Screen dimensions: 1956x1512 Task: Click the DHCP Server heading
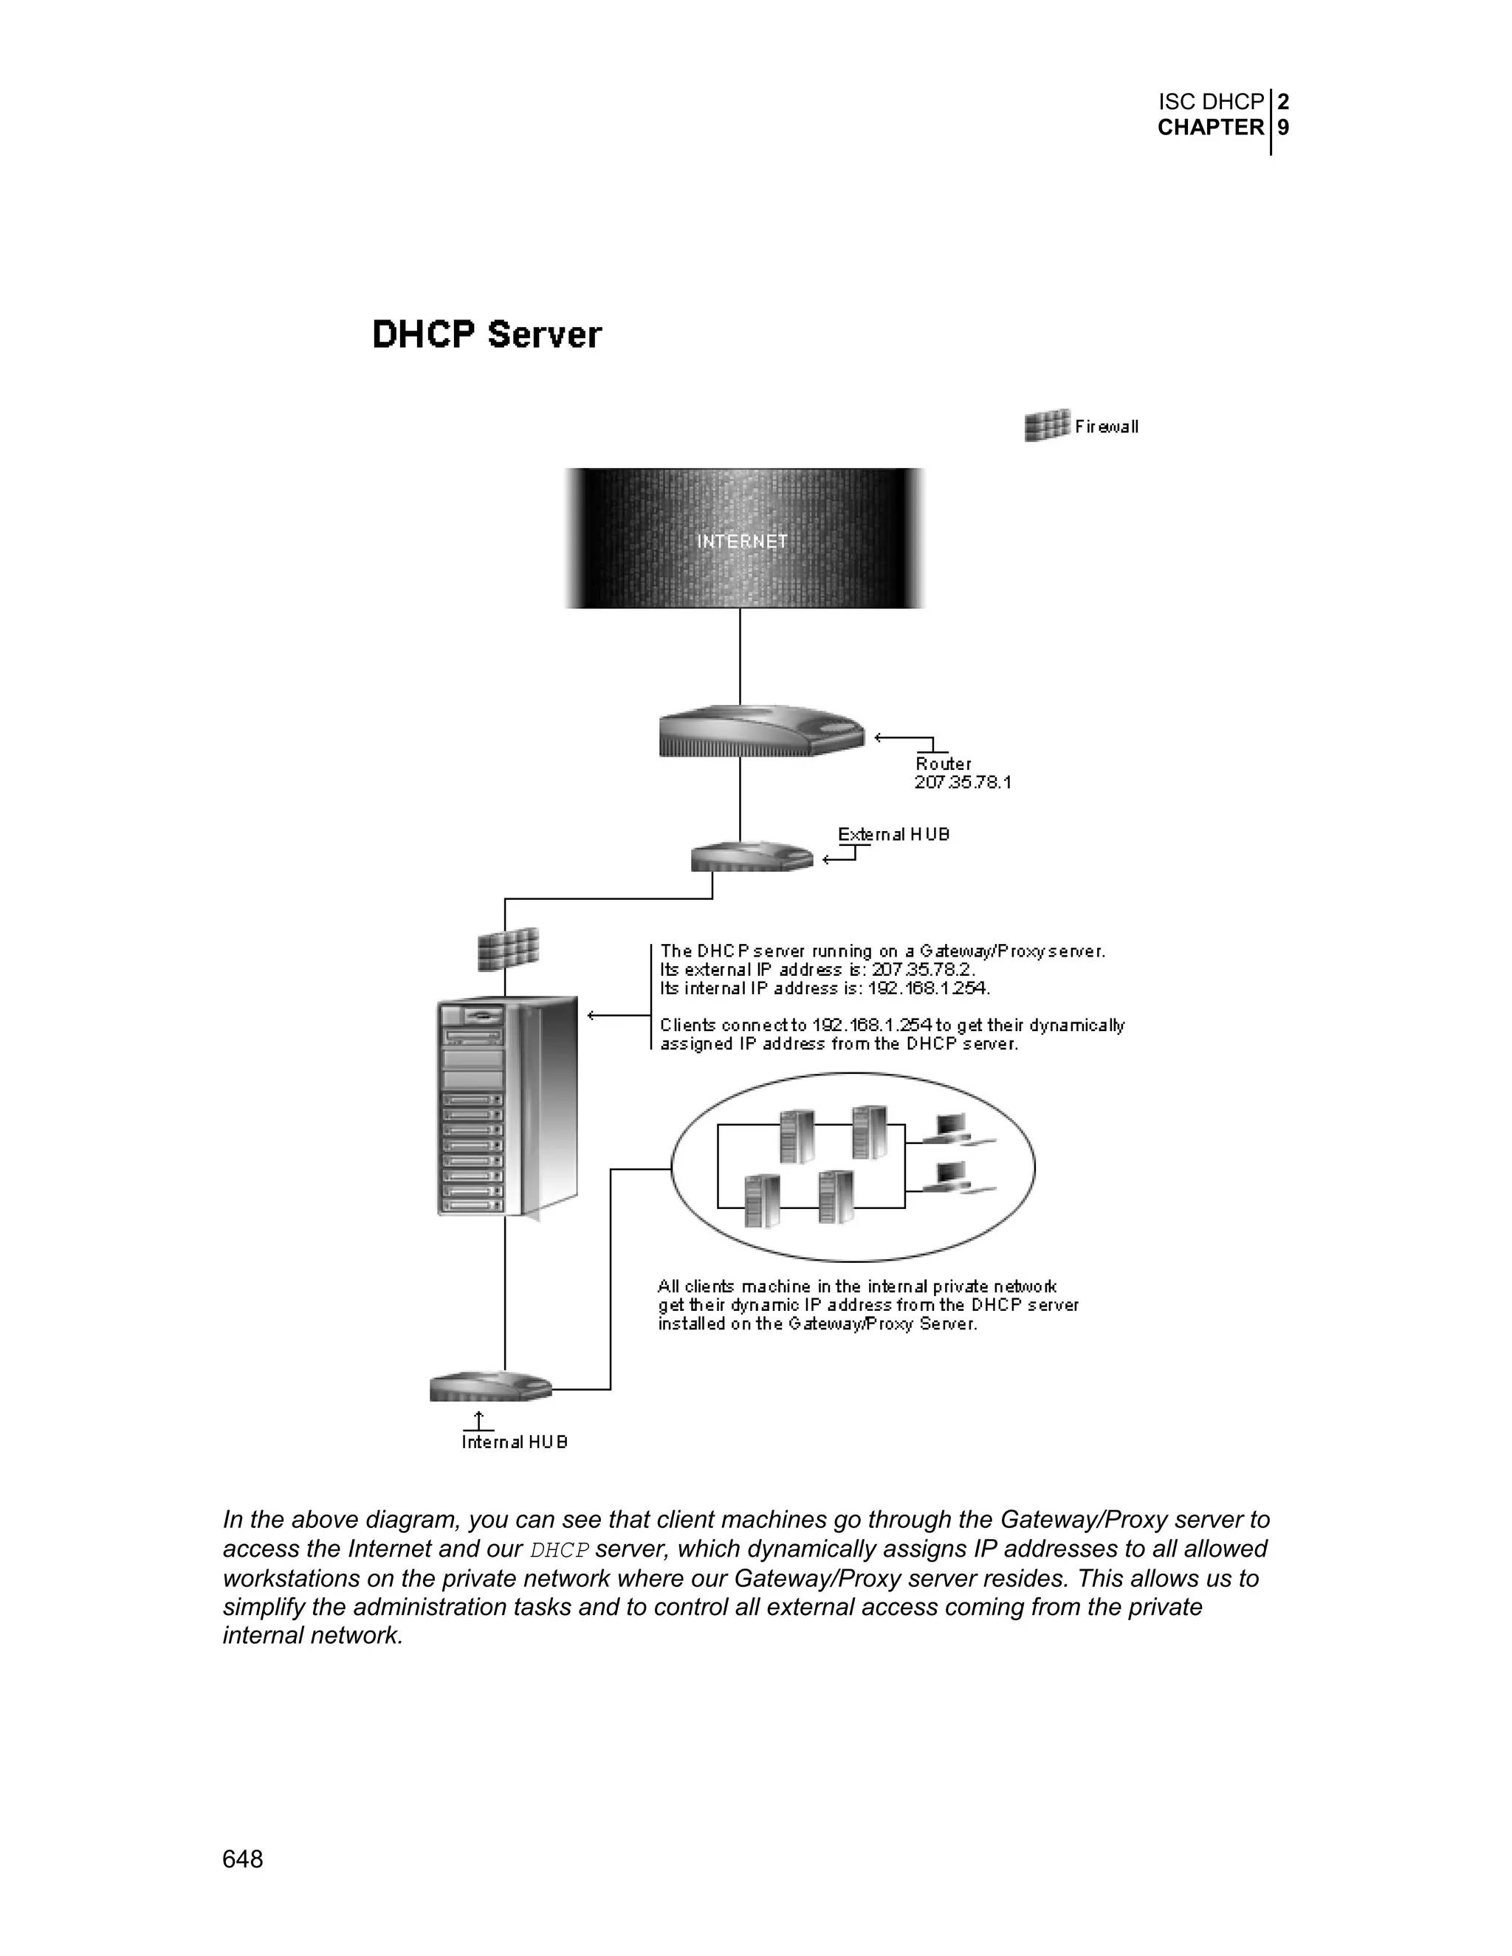click(487, 335)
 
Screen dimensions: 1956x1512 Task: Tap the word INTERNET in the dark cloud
click(742, 542)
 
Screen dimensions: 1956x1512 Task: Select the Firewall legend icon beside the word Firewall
click(1046, 425)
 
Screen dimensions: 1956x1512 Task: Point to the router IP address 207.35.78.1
click(963, 782)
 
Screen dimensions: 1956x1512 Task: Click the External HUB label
click(893, 835)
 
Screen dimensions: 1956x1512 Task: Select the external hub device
click(752, 857)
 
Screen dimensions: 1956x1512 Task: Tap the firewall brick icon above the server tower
click(508, 949)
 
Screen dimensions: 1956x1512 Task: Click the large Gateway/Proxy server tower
click(506, 1106)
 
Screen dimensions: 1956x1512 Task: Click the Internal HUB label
click(514, 1442)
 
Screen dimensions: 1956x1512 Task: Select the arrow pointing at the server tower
click(616, 1015)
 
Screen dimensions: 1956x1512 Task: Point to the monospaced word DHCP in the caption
click(560, 1550)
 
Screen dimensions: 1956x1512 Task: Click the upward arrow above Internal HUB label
click(479, 1420)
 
